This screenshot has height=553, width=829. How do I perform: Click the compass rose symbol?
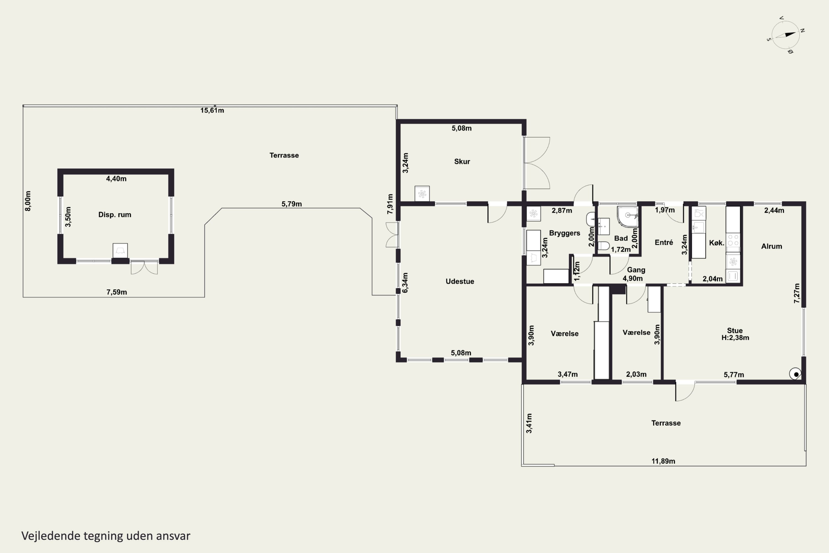coord(785,35)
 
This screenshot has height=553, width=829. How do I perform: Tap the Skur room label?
coord(462,161)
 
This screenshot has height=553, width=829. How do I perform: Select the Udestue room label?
coord(460,281)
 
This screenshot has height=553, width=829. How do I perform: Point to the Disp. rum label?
coord(115,215)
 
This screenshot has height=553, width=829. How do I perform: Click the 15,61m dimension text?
coord(212,110)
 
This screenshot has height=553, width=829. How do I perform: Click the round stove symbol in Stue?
coord(796,374)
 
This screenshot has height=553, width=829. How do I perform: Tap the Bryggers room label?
coord(564,233)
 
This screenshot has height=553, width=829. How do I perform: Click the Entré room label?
coord(664,242)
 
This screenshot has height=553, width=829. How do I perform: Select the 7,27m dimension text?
coord(797,293)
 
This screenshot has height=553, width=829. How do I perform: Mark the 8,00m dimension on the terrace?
coord(28,201)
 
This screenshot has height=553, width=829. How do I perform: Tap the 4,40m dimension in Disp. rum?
coord(116,179)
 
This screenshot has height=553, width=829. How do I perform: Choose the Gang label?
coord(636,270)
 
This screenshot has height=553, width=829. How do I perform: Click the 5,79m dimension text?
coord(292,204)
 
